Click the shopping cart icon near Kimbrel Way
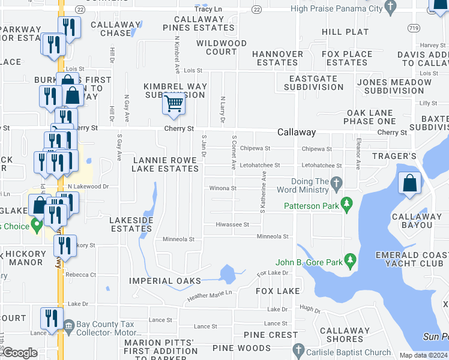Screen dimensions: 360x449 [x=173, y=104]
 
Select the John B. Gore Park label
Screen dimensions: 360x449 [x=309, y=262]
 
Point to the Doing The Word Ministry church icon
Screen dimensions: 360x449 [x=336, y=182]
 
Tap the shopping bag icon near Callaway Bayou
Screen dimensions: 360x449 [x=409, y=183]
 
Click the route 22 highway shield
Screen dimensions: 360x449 [x=257, y=9]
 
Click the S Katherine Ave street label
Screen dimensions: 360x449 [x=263, y=193]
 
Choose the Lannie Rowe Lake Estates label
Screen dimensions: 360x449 [x=166, y=164]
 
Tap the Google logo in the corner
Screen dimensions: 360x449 [x=20, y=353]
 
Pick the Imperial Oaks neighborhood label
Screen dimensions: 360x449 [x=164, y=281]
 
